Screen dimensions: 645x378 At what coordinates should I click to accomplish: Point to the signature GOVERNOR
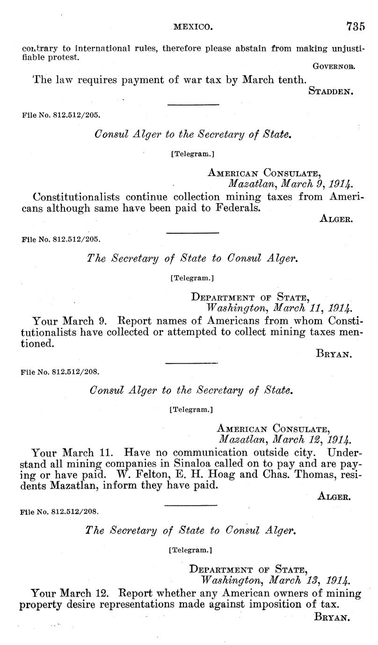[x=335, y=66]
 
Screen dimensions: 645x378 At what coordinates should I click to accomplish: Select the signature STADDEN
[x=330, y=92]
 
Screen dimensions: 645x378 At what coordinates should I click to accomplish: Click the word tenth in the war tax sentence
[x=289, y=79]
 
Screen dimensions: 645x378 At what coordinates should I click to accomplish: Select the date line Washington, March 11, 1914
[x=280, y=308]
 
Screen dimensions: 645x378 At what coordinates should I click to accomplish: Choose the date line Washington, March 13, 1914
[x=275, y=580]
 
